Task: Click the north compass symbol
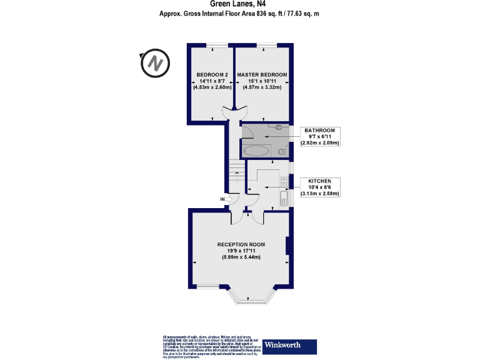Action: [x=155, y=63]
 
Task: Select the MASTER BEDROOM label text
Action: [x=262, y=74]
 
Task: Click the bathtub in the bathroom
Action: [x=256, y=151]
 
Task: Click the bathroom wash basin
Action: [x=279, y=127]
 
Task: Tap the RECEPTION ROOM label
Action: [x=241, y=244]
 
